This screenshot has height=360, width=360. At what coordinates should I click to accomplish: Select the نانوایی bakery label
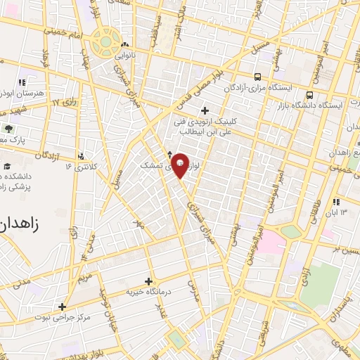coord(136,52)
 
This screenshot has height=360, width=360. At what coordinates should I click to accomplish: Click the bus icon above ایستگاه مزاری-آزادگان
coord(258,76)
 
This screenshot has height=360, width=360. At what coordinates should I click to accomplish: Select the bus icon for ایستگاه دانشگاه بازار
coord(309,93)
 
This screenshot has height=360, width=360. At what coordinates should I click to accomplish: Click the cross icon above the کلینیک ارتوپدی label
coord(205,110)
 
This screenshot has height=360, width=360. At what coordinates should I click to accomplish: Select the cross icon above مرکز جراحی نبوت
coord(62,307)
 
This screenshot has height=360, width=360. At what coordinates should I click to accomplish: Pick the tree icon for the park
coord(8,128)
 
